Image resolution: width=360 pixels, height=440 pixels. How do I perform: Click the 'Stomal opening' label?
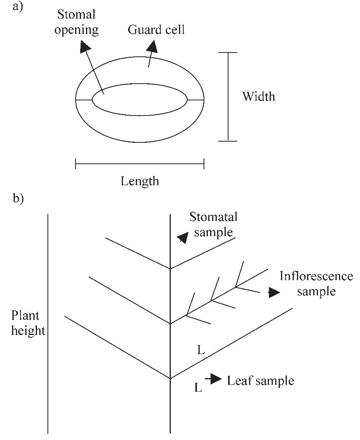76,23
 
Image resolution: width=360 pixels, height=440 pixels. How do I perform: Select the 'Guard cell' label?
156,30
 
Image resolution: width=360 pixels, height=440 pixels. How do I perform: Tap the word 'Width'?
258,96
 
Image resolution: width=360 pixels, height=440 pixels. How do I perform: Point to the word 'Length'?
140,181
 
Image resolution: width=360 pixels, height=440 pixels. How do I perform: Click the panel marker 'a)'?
18,7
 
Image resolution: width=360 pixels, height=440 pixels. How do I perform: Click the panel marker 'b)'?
18,198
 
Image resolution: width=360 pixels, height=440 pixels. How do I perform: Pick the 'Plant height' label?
28,323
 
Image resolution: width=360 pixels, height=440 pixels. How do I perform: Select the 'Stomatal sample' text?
213,224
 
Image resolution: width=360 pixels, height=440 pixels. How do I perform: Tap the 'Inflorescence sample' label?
316,283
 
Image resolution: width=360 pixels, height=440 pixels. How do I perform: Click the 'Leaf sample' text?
260,380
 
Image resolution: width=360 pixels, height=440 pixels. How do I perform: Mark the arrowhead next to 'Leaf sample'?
216,379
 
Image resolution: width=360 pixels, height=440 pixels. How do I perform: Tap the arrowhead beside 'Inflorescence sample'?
274,293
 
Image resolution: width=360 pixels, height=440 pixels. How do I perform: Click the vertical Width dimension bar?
228,96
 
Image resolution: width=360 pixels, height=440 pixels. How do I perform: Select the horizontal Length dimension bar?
139,164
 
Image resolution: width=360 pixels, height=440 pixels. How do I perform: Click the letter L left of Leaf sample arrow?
198,387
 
